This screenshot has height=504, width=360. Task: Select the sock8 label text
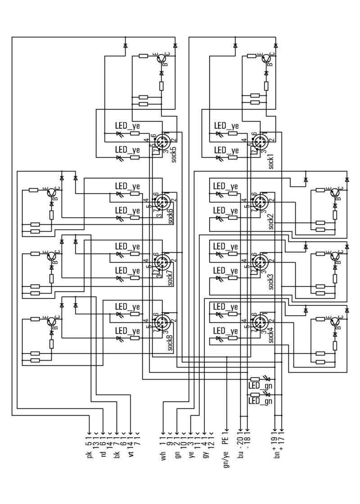tap(171, 341)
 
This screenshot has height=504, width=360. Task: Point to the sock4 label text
tap(271, 335)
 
